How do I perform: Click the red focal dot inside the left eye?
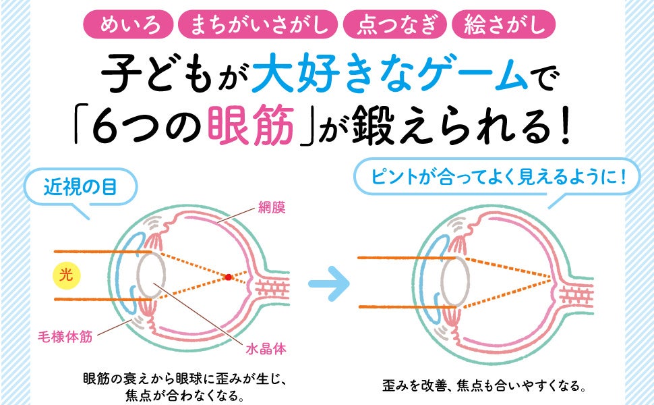click(x=229, y=277)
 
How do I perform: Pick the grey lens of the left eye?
click(x=151, y=277)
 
